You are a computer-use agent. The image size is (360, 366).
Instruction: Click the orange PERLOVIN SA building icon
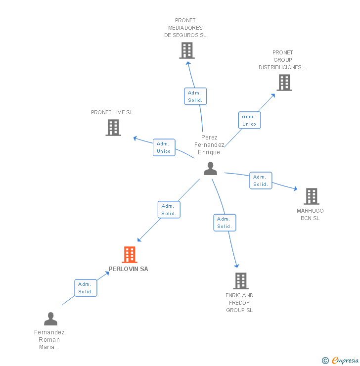click(130, 255)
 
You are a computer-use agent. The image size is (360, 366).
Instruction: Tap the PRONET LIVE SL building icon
click(113, 128)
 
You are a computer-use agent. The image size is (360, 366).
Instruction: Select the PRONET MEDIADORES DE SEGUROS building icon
click(187, 50)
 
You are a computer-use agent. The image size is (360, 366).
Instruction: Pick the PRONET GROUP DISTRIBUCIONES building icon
click(284, 83)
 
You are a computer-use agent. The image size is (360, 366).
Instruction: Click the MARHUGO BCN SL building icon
click(312, 196)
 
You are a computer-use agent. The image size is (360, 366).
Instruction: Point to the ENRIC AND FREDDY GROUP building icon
click(241, 281)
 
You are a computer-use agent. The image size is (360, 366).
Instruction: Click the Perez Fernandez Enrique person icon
click(211, 169)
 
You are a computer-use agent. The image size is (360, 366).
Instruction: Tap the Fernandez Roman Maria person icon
click(50, 319)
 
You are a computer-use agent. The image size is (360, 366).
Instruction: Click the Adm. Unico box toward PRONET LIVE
click(164, 147)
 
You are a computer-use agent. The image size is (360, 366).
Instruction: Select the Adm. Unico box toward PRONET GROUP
click(249, 120)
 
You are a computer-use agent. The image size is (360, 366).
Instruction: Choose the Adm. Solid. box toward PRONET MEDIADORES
click(195, 96)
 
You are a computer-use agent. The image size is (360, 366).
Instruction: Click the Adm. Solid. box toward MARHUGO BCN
click(261, 181)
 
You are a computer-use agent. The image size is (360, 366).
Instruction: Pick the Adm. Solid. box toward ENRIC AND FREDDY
click(225, 223)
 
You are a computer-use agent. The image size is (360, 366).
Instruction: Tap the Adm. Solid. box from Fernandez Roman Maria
click(86, 288)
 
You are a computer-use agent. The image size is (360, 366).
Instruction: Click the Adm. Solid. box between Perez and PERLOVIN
click(169, 210)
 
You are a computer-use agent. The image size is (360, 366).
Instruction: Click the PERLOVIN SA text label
click(128, 269)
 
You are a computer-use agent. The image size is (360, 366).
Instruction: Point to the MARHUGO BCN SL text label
click(310, 215)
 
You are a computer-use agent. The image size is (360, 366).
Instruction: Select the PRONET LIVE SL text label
click(112, 112)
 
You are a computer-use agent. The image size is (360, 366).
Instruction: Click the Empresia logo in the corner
click(340, 360)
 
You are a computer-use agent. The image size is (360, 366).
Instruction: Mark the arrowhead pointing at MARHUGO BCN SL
click(296, 188)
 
